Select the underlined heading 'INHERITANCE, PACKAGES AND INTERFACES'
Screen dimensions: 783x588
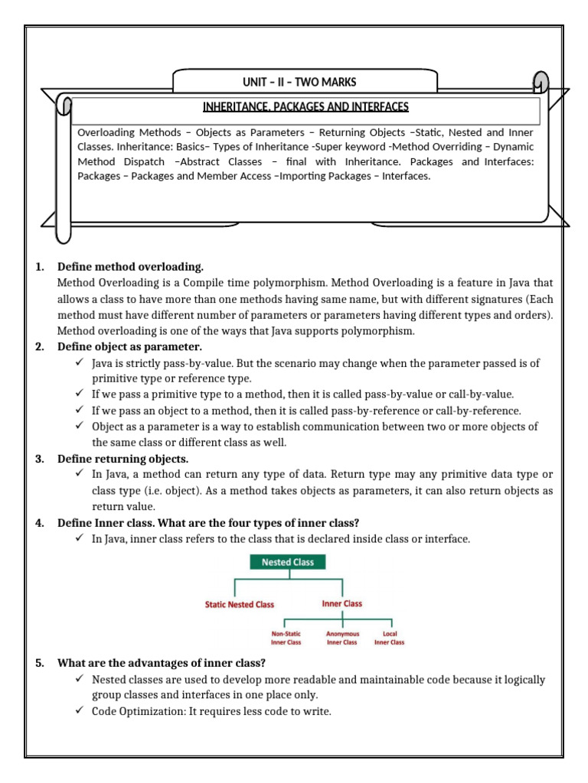click(305, 106)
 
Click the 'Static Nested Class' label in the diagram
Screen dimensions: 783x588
click(239, 604)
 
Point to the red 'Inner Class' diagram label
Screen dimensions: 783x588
click(342, 603)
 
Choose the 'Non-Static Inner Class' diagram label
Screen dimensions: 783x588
click(286, 638)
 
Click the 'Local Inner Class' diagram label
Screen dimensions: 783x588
click(389, 638)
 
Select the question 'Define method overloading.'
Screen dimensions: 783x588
click(130, 267)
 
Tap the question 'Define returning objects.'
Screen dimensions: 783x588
click(122, 459)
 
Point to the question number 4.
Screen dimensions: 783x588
click(39, 523)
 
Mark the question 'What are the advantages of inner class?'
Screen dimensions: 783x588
click(162, 662)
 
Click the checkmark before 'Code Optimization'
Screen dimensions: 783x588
click(80, 711)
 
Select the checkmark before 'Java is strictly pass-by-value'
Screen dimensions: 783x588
click(80, 362)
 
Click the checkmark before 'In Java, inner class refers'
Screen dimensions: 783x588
click(80, 539)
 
